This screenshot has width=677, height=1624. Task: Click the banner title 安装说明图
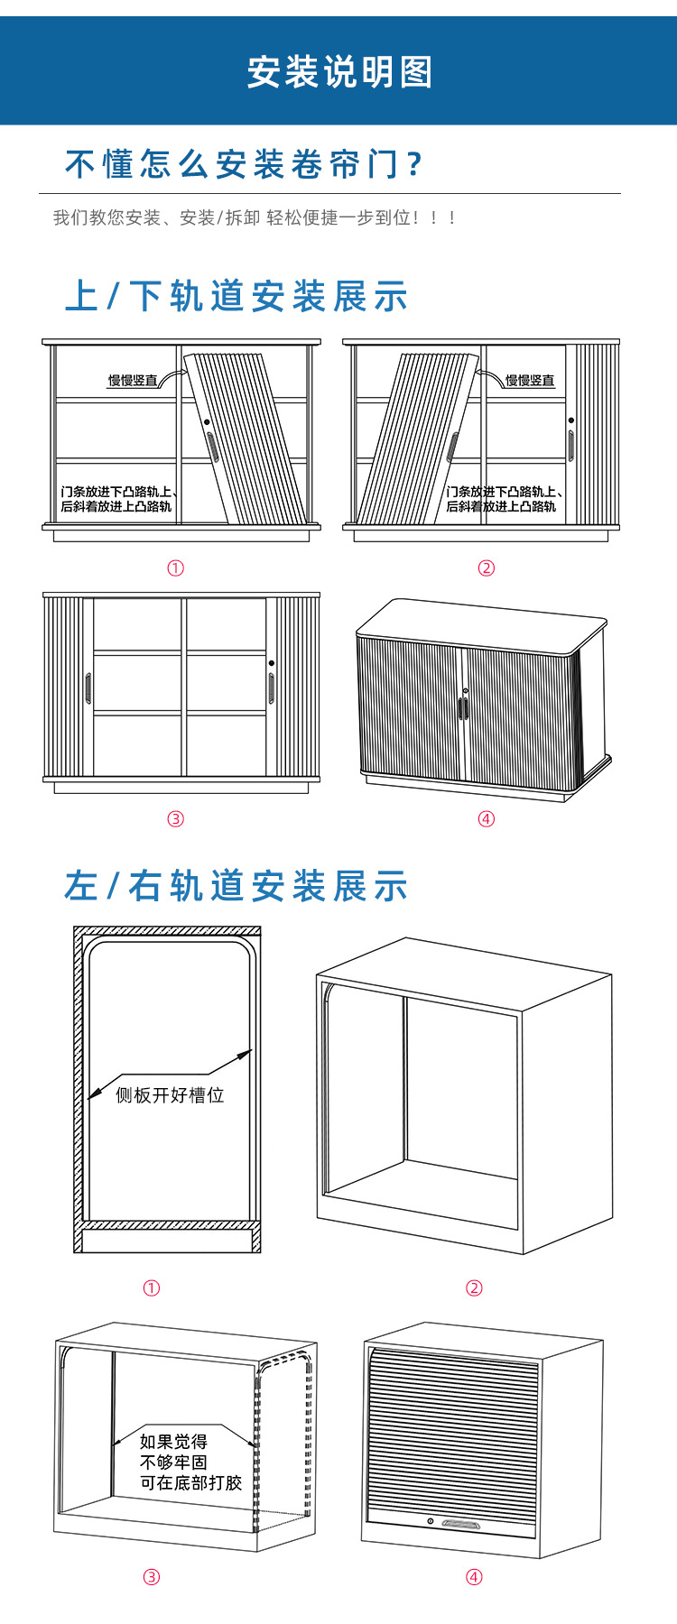click(x=339, y=72)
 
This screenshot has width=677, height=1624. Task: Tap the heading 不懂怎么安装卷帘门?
click(x=244, y=164)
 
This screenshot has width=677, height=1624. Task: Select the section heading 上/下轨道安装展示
click(x=236, y=297)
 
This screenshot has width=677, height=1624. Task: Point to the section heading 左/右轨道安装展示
click(x=236, y=886)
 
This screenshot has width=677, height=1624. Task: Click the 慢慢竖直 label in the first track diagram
click(x=133, y=380)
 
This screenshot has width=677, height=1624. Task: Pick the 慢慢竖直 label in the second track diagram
click(x=530, y=380)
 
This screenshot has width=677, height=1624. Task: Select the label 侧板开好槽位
click(x=170, y=1094)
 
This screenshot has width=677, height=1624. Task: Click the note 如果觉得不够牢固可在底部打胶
click(x=190, y=1463)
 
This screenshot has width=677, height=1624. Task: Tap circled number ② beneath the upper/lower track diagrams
click(x=487, y=567)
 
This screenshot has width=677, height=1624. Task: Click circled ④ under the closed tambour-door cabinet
click(x=487, y=818)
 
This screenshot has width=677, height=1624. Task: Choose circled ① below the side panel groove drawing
click(x=152, y=1287)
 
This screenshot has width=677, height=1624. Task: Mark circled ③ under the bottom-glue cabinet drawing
click(x=152, y=1576)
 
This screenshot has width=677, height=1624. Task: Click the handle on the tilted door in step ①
click(x=212, y=447)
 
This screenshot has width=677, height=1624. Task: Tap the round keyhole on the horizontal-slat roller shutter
click(x=431, y=1522)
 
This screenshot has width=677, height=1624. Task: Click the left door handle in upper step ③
click(x=88, y=688)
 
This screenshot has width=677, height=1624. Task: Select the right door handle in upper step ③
click(x=271, y=688)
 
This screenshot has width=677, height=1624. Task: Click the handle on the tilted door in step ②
click(x=452, y=447)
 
